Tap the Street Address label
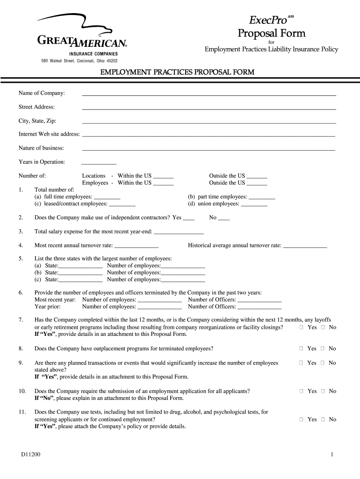point(36,107)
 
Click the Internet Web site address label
point(49,134)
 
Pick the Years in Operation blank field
point(99,162)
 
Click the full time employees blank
point(107,197)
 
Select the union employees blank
point(254,204)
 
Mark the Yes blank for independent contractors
point(188,218)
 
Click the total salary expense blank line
point(179,232)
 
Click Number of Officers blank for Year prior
point(259,307)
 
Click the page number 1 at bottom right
point(331,455)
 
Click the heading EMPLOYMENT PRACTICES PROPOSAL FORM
point(180,72)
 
